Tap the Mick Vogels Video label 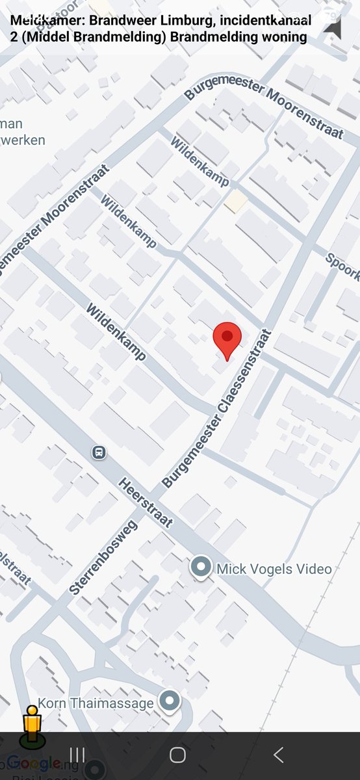click(274, 569)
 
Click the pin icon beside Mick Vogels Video click(201, 567)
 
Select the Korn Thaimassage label click(96, 703)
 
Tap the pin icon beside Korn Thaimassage click(170, 701)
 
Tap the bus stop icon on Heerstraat click(99, 452)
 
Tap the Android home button click(177, 755)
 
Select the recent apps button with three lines click(77, 755)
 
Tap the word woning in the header click(283, 37)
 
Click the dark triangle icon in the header click(332, 28)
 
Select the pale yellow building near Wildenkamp click(236, 201)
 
